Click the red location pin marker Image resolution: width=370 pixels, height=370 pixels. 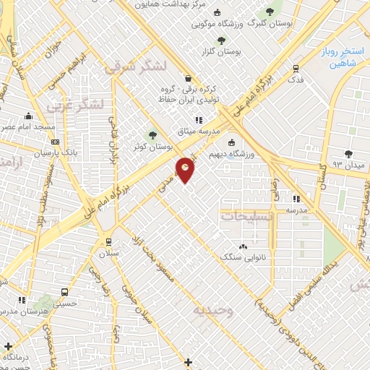pos(186,169)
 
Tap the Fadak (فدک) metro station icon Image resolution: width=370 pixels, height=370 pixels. pos(296,69)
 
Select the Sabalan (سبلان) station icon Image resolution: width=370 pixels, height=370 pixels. pos(109,242)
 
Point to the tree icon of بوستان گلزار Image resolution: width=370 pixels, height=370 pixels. pos(221,40)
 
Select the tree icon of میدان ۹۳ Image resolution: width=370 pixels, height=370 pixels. pos(349,153)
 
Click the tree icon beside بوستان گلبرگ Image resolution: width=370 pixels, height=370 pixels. pos(270,12)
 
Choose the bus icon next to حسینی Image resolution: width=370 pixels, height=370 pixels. pos(65,293)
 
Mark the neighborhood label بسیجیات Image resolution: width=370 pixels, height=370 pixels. pos(247,216)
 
